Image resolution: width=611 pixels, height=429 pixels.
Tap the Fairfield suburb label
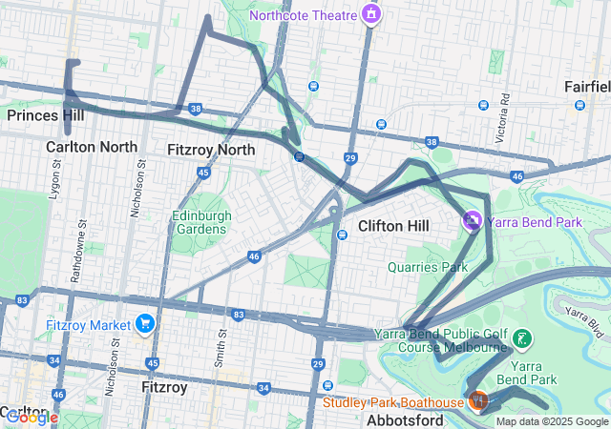pos(586,87)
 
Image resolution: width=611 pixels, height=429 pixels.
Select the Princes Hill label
pos(45,115)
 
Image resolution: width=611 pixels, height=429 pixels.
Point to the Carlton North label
pos(91,147)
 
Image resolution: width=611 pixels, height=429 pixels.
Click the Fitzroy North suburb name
pos(211,150)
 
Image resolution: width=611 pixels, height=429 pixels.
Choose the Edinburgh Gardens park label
pos(201,223)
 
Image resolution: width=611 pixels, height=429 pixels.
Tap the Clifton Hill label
pos(393,226)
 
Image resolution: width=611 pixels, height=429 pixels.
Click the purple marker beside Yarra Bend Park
pos(472,221)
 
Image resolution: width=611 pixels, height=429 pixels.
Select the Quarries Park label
pos(428,267)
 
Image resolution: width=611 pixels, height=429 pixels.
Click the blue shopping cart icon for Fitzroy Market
pos(144,324)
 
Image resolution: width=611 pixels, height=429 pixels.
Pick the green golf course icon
pos(522,337)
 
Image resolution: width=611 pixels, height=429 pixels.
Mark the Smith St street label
pos(221,350)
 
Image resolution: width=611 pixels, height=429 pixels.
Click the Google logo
pos(32,417)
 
